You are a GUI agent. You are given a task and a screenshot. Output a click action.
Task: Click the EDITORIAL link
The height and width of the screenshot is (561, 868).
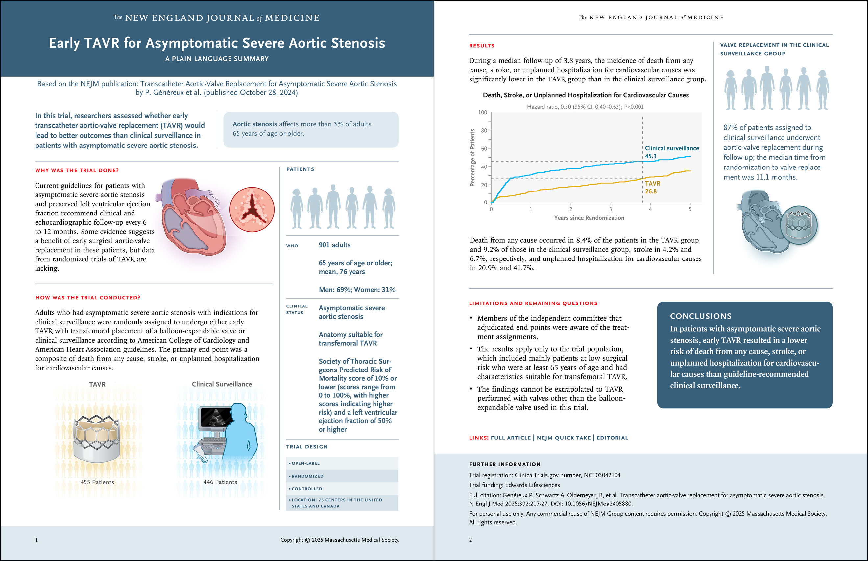coord(612,438)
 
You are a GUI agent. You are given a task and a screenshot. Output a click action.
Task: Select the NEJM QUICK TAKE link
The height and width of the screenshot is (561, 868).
coord(563,438)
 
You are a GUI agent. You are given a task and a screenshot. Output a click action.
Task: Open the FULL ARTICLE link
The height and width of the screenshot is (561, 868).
coord(510,438)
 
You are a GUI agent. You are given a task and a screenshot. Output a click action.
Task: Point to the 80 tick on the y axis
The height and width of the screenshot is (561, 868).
coord(484,130)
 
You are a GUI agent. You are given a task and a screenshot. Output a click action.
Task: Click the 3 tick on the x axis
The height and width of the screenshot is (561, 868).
coord(611,209)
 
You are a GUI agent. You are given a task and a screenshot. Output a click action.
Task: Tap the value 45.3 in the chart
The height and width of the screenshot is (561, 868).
coord(651,156)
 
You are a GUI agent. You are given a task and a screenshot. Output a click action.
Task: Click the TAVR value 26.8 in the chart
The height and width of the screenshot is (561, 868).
coord(651,191)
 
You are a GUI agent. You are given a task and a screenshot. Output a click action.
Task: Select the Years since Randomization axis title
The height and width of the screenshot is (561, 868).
coord(589,218)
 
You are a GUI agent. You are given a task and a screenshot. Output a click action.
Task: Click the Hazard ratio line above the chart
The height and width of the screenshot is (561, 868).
coord(585,107)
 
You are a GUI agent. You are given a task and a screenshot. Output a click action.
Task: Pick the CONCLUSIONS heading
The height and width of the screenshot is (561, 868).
coord(701,316)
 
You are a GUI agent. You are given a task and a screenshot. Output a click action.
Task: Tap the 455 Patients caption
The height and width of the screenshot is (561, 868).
coord(97,482)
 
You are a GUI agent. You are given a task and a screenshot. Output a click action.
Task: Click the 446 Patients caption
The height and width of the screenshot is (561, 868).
coord(220,482)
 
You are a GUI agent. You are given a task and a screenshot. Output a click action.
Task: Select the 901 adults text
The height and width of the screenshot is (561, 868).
coord(334,245)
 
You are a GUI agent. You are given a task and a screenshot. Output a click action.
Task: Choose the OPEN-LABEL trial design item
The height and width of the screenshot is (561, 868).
coord(305,463)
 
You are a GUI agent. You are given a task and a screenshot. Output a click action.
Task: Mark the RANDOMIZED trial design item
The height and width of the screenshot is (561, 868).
coord(307,476)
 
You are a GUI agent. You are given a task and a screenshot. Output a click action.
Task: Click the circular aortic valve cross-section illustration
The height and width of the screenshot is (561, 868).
coord(252,210)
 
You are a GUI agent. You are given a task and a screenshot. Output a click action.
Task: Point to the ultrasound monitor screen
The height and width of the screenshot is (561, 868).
coord(215,417)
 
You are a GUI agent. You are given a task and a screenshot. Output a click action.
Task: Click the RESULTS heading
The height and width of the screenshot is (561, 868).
coord(482,46)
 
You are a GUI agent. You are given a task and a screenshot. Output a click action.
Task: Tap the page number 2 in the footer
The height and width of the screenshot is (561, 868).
coord(470,540)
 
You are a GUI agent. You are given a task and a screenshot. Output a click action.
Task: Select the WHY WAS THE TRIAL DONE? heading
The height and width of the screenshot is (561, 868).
coord(77,170)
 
